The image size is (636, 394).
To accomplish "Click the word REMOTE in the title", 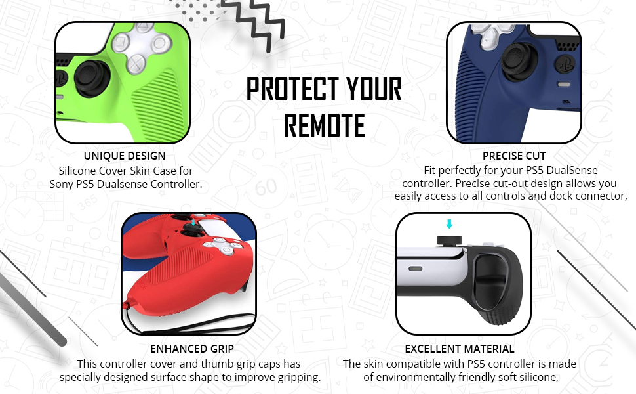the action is pos(324,125).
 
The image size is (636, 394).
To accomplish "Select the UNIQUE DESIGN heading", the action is pos(125,156).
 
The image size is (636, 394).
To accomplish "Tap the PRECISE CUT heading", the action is pos(514,156).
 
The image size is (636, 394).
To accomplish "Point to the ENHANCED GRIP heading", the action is pos(192,349).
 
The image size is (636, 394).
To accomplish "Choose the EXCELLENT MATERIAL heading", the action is pos(460,349).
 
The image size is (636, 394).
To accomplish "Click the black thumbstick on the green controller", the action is pos(90,78).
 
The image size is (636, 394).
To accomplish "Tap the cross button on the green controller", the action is pos(137,64).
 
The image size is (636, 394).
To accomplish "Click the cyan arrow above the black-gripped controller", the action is pos(449,223).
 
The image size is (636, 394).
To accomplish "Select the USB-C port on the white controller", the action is pos(415,269).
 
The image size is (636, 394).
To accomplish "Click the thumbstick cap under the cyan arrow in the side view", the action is pos(449,240).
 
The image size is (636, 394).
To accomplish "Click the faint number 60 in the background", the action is pos(266,187).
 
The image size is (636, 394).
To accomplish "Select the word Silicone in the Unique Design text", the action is pos(77,171).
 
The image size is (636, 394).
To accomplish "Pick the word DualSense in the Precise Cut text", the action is pos(574,170).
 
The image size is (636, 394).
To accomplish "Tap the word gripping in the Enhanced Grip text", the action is pos(298,378).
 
